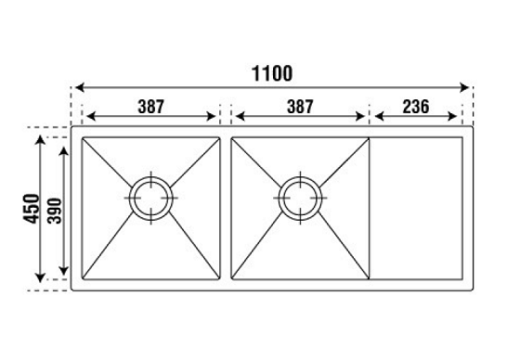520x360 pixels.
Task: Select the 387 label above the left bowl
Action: pos(149,105)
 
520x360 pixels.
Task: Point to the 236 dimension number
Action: pos(415,105)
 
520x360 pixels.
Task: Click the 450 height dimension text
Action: pos(31,209)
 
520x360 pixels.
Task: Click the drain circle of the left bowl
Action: pos(149,198)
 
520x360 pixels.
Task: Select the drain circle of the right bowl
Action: pos(301,198)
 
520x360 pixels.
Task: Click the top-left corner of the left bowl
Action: pos(84,140)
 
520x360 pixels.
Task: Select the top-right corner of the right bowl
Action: pos(369,140)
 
